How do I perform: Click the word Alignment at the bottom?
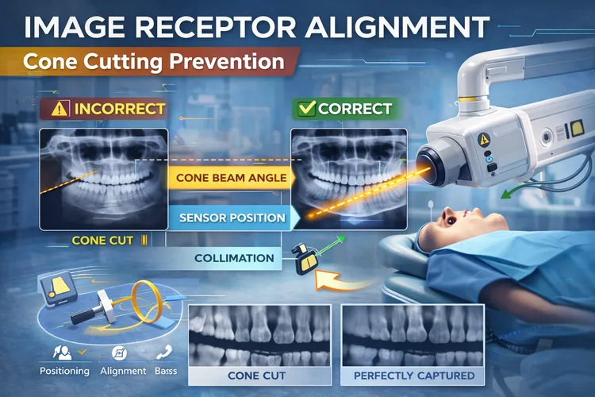[x=123, y=371]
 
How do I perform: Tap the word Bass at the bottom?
[x=165, y=371]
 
